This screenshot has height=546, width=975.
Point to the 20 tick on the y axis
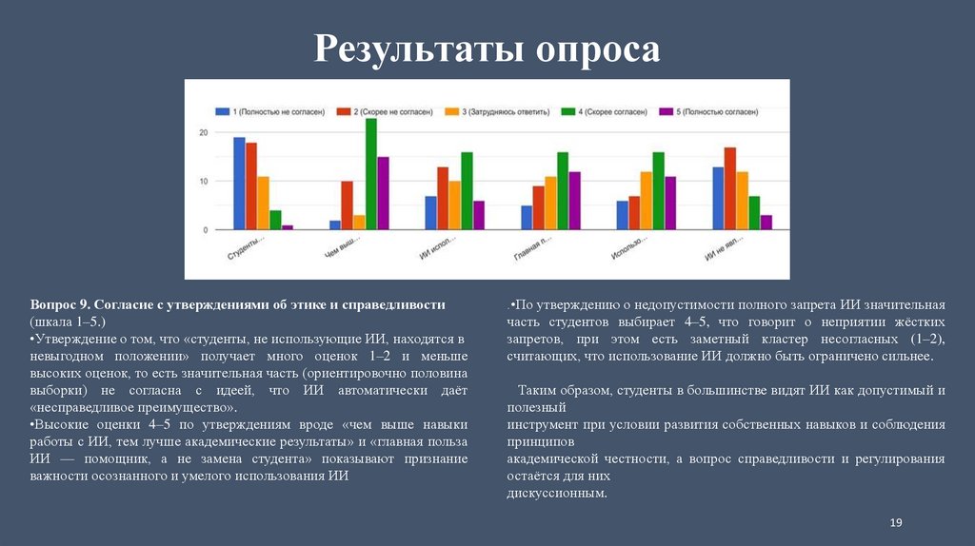[203, 132]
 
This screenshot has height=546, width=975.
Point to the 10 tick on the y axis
[203, 181]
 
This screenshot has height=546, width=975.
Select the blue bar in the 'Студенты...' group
[239, 184]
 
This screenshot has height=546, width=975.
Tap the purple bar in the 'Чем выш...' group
[383, 193]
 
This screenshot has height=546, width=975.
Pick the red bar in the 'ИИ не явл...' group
[730, 188]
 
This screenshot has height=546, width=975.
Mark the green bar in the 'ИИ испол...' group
[467, 190]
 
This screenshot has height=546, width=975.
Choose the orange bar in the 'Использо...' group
[647, 200]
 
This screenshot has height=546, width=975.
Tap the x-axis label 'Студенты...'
[247, 251]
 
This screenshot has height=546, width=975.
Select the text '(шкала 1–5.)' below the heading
[68, 322]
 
